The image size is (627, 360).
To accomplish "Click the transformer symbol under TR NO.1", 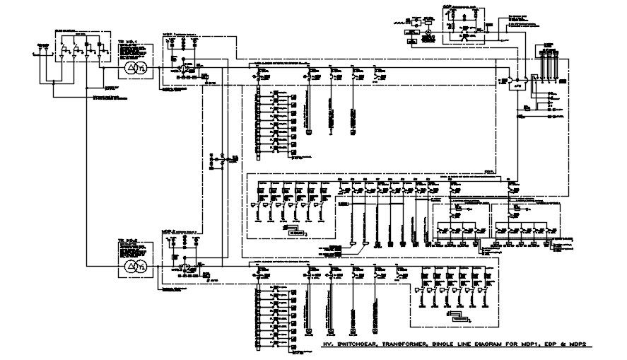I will coord(136,68).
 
